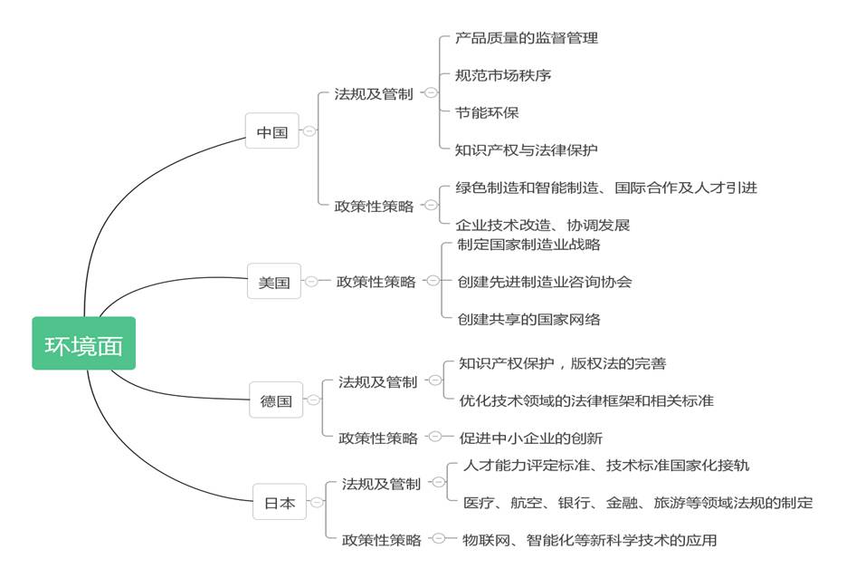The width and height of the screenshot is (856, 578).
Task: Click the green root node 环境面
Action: point(83,343)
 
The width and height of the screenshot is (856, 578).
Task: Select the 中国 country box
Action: point(271,131)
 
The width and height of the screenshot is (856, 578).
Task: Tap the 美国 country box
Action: point(274,281)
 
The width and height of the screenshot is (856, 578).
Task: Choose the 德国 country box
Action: point(276,400)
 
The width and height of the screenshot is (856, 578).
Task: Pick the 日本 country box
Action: point(280,501)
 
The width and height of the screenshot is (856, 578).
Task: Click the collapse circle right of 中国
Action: point(309,131)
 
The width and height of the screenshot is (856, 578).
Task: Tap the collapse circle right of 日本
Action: point(317,502)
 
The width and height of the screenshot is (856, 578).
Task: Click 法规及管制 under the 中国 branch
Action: point(374,94)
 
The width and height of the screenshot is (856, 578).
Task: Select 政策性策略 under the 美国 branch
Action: point(376,282)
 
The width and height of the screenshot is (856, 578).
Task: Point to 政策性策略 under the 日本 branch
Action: point(381,540)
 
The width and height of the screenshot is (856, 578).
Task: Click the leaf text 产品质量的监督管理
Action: point(527,38)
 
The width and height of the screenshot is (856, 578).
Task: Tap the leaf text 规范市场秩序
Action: point(503,75)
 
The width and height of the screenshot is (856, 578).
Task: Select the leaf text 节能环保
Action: point(487,112)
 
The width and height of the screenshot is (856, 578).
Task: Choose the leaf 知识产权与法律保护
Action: point(527,149)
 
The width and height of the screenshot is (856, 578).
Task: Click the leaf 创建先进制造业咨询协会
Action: point(545,282)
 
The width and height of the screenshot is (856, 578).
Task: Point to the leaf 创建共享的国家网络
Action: point(528,319)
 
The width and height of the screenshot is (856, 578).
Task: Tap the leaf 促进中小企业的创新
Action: point(530,438)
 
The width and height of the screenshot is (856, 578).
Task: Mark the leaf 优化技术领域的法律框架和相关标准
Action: point(586,400)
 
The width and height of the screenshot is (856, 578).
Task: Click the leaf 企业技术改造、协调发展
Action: point(543,225)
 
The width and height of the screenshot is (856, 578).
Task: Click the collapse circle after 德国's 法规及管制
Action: point(435,380)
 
